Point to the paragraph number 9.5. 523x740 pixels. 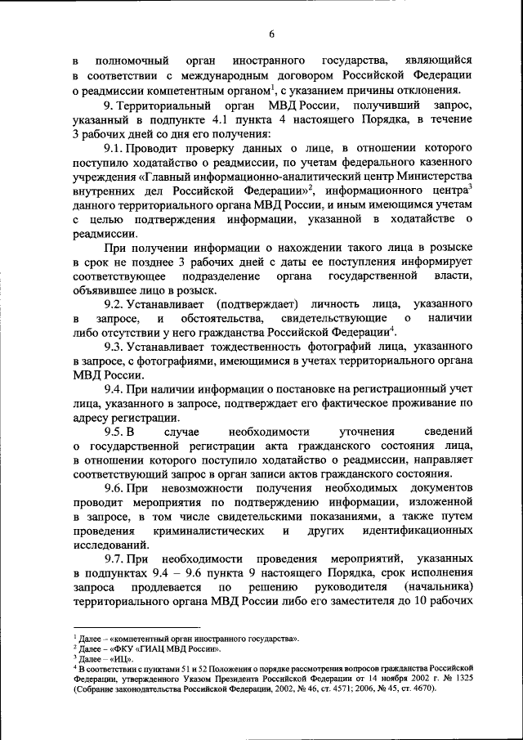point(115,432)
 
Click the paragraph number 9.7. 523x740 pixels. point(115,558)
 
